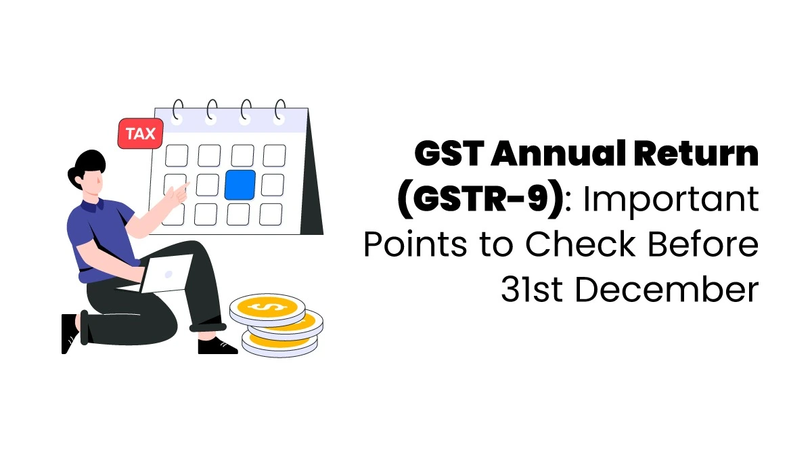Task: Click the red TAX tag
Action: tap(140, 133)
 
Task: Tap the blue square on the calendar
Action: tap(240, 185)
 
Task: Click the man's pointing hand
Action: tap(179, 192)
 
